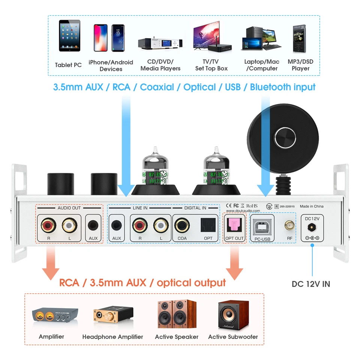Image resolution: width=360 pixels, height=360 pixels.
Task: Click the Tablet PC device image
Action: (69, 36)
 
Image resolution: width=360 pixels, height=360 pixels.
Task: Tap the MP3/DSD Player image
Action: (301, 38)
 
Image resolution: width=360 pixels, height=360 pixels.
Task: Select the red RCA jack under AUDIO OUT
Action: (48, 225)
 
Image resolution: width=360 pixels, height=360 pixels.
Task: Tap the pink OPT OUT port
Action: (234, 225)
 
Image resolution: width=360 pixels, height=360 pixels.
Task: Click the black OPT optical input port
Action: (207, 225)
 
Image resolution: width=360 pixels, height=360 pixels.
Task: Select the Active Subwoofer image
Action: (233, 314)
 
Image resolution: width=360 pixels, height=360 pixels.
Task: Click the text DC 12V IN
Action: (311, 284)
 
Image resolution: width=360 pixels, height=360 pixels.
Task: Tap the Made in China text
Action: (312, 206)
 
